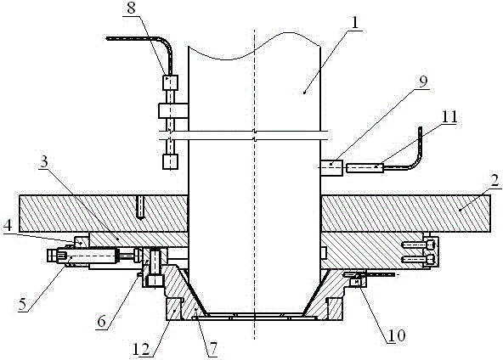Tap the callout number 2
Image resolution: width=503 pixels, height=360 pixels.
[495, 181]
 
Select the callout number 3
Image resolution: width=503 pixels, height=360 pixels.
[44, 161]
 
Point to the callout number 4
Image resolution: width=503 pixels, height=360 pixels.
[8, 226]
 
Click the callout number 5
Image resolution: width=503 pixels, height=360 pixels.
[23, 303]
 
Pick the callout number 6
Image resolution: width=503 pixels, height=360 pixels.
[102, 322]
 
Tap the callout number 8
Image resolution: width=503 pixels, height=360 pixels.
[131, 8]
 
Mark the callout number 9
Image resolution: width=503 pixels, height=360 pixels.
[423, 82]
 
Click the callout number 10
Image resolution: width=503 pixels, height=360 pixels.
[397, 335]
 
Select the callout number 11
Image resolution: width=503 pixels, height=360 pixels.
[449, 118]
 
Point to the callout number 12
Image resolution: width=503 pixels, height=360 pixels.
[141, 349]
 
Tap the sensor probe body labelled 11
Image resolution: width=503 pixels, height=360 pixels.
[365, 168]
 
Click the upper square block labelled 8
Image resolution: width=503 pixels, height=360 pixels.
[170, 82]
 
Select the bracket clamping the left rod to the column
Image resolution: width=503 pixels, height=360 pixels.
[173, 110]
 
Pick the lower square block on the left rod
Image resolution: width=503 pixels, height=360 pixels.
[170, 161]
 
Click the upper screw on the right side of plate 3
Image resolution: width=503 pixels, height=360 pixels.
[419, 245]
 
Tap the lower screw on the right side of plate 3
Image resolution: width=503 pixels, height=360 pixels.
[419, 258]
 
